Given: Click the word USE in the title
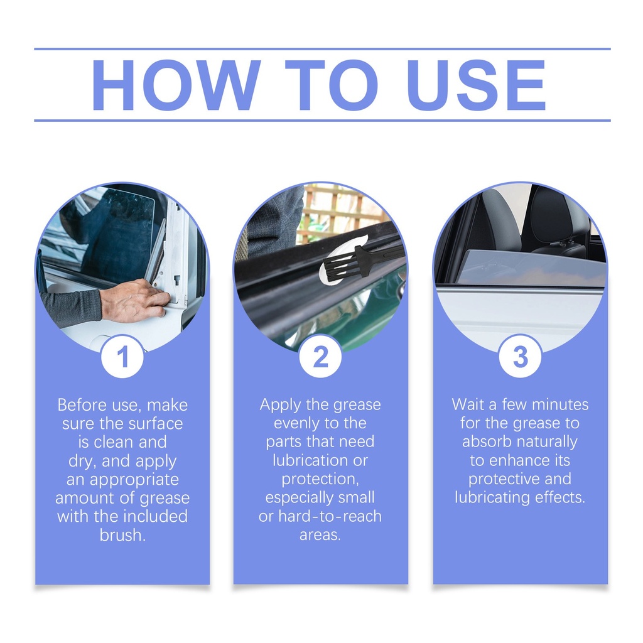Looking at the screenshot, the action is (x=477, y=85).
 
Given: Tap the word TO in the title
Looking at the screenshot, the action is (x=332, y=85).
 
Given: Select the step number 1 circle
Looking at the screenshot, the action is (x=122, y=356).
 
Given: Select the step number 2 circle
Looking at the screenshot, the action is (x=320, y=356).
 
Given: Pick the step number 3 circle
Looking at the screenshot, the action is (x=521, y=356).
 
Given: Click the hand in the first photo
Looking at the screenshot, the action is (x=135, y=300).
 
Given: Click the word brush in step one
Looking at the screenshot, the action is (x=122, y=535).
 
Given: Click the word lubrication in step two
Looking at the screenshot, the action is (x=311, y=460).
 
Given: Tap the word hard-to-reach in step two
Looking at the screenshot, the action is (x=330, y=516).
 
